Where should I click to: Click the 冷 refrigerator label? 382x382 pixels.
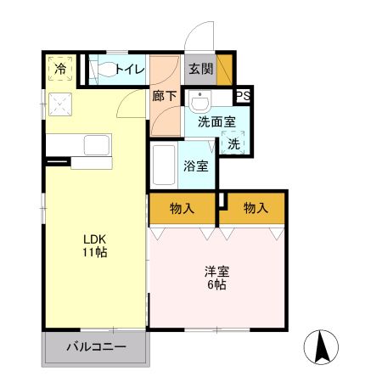(61, 69)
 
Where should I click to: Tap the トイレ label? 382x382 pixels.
(130, 69)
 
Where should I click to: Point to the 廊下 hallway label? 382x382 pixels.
(165, 96)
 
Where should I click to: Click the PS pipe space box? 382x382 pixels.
(242, 96)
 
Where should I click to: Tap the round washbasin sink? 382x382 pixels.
(200, 103)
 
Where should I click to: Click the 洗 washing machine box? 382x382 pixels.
(233, 143)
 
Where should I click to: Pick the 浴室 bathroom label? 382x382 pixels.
(196, 166)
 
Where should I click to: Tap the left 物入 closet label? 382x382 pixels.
(183, 207)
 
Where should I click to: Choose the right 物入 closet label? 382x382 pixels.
(255, 207)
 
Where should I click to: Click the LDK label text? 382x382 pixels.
(94, 238)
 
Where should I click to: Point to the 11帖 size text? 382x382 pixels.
(94, 252)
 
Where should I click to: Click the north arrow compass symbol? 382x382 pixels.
(323, 345)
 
